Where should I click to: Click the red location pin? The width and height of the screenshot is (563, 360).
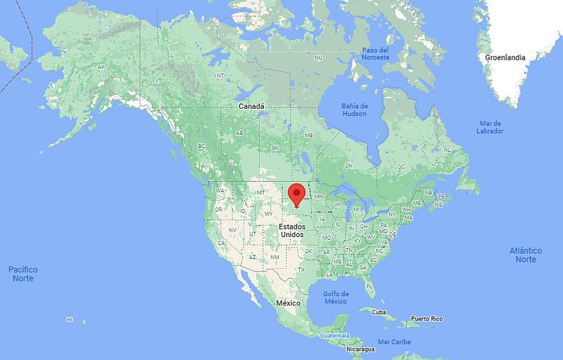(x=297, y=193)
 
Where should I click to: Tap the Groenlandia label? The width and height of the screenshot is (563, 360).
(x=505, y=58)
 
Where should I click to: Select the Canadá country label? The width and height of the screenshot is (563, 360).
(x=251, y=106)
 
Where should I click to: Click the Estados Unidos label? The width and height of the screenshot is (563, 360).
(x=292, y=230)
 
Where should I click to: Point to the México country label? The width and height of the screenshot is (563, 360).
(x=288, y=303)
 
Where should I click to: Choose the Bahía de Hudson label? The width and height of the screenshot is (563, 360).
(x=354, y=109)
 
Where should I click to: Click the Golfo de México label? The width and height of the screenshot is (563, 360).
(x=336, y=297)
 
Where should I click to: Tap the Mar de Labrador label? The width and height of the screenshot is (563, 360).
(x=490, y=127)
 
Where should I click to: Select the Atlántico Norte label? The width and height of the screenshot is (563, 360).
(x=526, y=255)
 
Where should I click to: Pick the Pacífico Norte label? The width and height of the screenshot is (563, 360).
(x=23, y=274)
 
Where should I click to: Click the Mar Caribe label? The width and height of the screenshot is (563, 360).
(x=394, y=342)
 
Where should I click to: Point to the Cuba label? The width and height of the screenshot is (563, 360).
(x=379, y=312)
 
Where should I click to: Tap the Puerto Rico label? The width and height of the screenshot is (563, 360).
(x=427, y=319)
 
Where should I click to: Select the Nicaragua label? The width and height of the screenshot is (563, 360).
(x=361, y=349)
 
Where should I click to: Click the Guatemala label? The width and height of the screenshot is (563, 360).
(x=335, y=335)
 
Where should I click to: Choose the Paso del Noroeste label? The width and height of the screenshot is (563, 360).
(x=375, y=54)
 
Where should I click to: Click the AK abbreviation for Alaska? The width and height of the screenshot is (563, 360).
(x=102, y=67)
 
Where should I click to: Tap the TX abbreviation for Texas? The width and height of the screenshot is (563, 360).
(x=301, y=269)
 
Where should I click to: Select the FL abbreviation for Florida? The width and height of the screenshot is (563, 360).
(x=369, y=286)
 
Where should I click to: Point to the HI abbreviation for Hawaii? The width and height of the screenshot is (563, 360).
(x=70, y=319)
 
